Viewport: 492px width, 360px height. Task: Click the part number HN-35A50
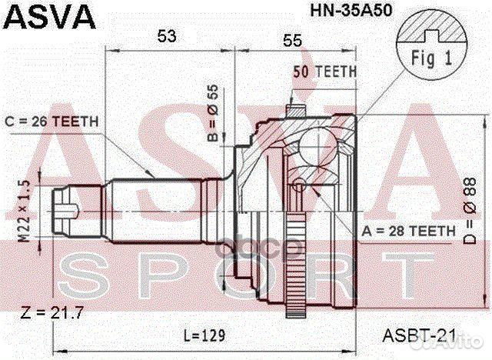coord(351,10)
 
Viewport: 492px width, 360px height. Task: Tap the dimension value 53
coord(167,36)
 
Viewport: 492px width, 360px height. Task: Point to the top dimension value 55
coord(292,41)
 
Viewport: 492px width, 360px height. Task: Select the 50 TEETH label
coord(325,72)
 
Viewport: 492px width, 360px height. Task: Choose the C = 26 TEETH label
coord(52,122)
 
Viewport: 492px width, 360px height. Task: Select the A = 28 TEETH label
coord(408,232)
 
